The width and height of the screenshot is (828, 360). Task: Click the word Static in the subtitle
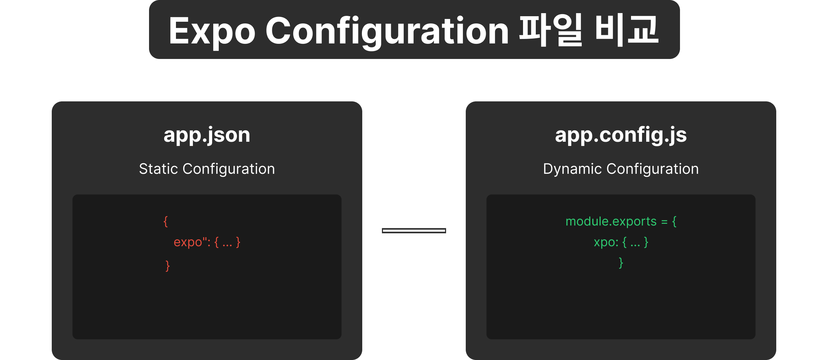click(159, 169)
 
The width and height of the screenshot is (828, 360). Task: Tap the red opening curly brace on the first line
click(166, 221)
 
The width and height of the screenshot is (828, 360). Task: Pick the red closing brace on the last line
click(168, 266)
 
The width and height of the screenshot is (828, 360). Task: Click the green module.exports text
click(611, 222)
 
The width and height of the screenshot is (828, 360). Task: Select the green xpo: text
click(606, 242)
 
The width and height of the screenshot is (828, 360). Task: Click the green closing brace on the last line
click(621, 263)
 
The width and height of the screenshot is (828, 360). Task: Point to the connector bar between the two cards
click(414, 231)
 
